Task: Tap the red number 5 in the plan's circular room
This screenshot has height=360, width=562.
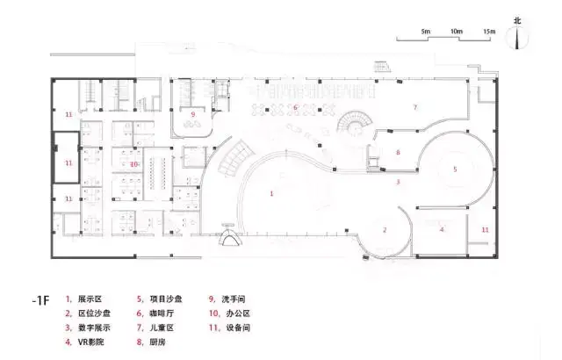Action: pyautogui.click(x=455, y=168)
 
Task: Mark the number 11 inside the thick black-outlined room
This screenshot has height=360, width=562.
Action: pyautogui.click(x=68, y=163)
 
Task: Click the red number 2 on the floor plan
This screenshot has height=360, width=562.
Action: pyautogui.click(x=385, y=230)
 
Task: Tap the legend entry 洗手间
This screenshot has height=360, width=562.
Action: pyautogui.click(x=236, y=299)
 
